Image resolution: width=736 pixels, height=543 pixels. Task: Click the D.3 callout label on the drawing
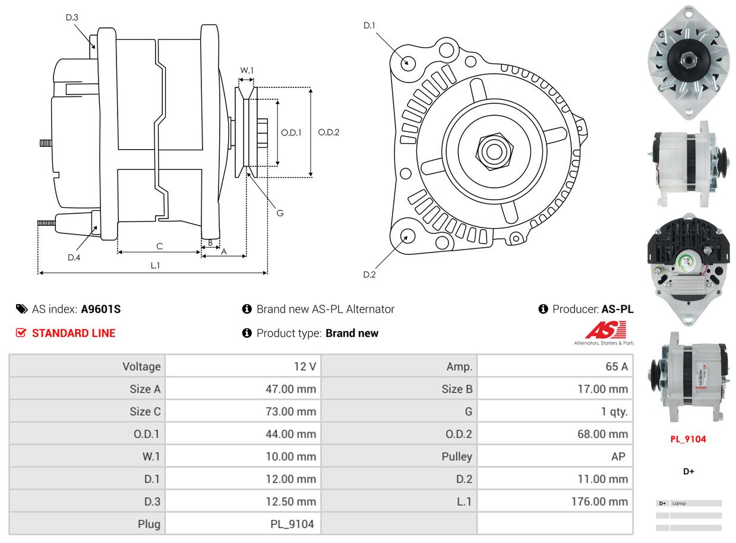72,18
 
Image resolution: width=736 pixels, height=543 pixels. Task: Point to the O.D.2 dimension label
328,132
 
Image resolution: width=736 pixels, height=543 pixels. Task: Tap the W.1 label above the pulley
247,71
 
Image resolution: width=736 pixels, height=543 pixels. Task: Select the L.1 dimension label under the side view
155,266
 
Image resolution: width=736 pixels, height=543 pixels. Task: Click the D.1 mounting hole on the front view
408,62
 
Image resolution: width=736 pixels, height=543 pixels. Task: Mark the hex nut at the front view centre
493,150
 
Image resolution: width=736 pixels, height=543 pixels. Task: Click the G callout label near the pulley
280,213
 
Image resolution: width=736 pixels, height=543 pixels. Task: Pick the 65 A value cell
616,367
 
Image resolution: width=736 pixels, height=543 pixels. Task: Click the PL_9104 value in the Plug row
291,524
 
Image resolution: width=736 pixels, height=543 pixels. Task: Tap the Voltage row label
141,367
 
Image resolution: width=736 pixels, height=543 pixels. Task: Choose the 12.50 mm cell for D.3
290,501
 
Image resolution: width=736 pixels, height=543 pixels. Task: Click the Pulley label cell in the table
457,456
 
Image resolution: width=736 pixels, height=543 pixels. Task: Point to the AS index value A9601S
101,309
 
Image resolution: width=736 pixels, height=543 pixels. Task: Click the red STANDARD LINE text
74,333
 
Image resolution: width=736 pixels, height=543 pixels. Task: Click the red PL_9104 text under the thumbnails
688,440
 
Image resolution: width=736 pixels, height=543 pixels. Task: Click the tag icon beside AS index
21,309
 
